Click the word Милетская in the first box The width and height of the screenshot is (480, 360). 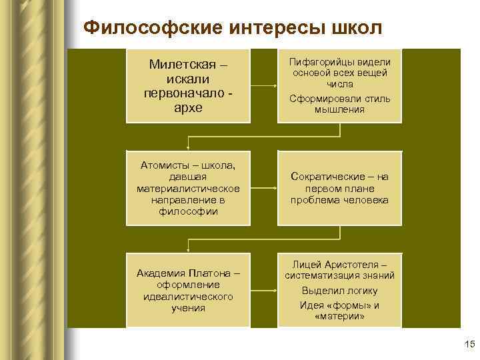tap(181, 65)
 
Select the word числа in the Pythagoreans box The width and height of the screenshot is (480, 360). tap(340, 85)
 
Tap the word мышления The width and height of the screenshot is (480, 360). tap(340, 109)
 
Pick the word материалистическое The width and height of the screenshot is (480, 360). tap(187, 188)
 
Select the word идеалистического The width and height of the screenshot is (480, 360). tap(187, 297)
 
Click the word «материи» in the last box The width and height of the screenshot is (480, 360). tap(340, 317)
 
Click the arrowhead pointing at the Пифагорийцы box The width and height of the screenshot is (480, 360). tap(275, 86)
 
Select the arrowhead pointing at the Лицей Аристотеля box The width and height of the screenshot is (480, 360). tap(275, 291)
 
